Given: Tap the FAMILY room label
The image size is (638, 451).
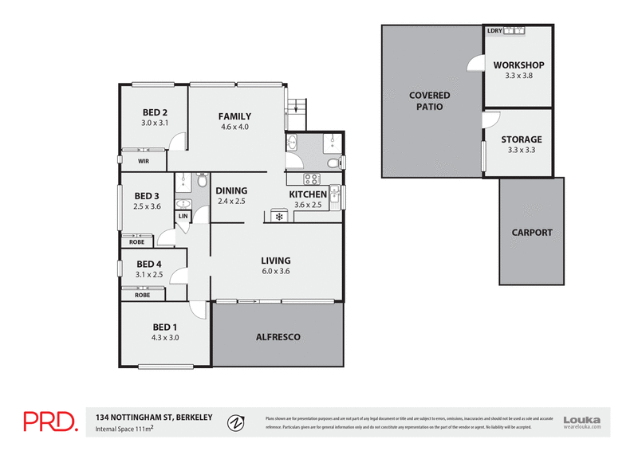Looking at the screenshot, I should click(x=234, y=116).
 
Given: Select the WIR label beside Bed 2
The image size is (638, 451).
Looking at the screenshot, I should click(x=144, y=161).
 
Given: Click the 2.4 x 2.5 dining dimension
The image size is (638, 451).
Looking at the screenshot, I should click(x=231, y=202).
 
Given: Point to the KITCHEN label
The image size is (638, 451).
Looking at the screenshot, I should click(x=307, y=194).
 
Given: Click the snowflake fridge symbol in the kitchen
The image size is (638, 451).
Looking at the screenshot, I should click(x=279, y=216).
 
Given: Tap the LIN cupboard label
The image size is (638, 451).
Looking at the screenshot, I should click(x=183, y=216).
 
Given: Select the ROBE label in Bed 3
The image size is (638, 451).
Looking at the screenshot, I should click(x=136, y=241).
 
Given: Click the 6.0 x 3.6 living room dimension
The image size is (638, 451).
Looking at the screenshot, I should click(x=276, y=272).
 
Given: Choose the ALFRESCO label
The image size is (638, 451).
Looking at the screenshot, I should click(x=278, y=337).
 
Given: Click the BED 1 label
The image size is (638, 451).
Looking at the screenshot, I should click(x=166, y=326).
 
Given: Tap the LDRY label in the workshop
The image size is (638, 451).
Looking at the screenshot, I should click(x=494, y=31).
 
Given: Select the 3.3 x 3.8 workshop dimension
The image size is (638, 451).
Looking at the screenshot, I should click(x=518, y=76).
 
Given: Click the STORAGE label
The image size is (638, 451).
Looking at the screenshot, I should click(x=521, y=139).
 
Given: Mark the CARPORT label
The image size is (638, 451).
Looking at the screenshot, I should click(x=532, y=233).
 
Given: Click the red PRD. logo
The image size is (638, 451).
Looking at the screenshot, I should click(x=49, y=422).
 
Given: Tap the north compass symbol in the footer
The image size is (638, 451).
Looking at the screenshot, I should click(x=235, y=422).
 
